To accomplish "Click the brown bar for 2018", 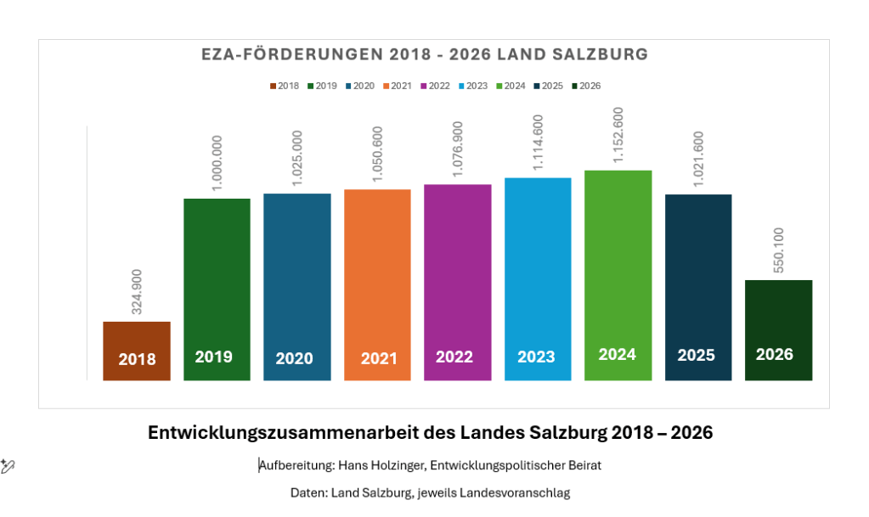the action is tap(136, 351).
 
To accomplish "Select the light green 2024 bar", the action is tap(618, 275).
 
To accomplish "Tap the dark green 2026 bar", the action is tap(779, 330).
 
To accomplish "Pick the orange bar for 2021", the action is tap(377, 285).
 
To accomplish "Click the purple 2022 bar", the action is tap(458, 283).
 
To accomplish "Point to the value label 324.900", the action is tap(136, 292).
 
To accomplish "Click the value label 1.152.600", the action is tap(618, 135).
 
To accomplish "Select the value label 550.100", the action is tap(779, 250).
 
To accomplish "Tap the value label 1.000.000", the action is tap(217, 164).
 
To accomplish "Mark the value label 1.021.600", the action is tap(698, 159).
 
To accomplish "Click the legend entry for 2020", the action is tap(359, 86).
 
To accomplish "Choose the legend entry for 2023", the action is tap(473, 86).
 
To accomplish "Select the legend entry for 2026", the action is tap(586, 86).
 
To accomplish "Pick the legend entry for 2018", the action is tap(285, 86).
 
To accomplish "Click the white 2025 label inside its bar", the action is tap(696, 355).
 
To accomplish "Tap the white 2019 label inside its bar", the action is tap(213, 357).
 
